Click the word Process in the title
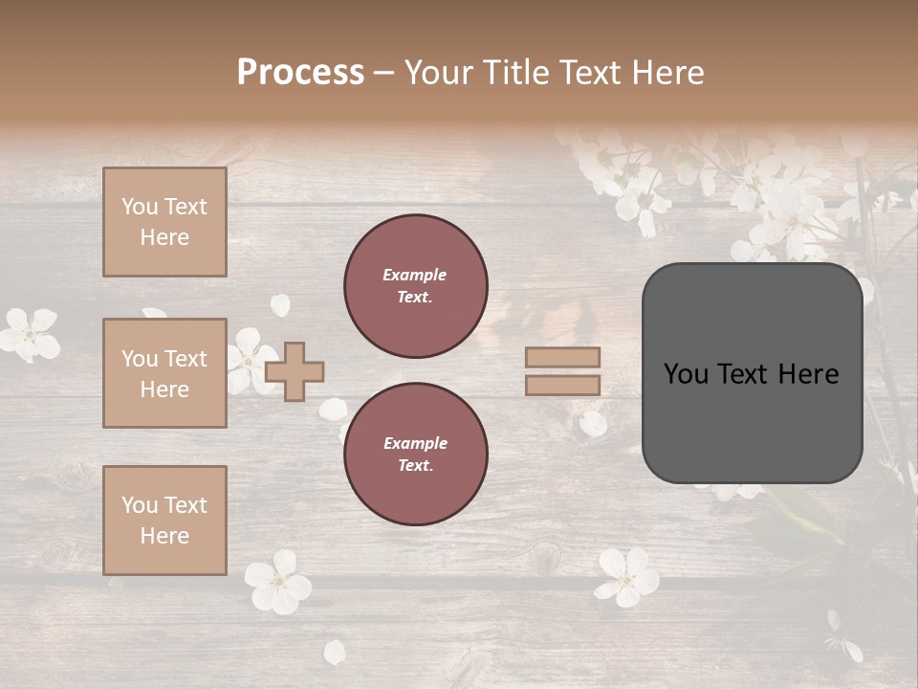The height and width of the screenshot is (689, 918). pyautogui.click(x=300, y=73)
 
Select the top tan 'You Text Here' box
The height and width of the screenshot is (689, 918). pyautogui.click(x=164, y=222)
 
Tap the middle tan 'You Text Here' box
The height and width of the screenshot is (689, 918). pyautogui.click(x=164, y=373)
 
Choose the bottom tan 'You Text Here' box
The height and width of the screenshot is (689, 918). pyautogui.click(x=164, y=520)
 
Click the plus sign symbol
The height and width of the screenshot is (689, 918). pyautogui.click(x=295, y=371)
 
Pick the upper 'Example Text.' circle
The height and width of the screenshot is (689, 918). pyautogui.click(x=416, y=286)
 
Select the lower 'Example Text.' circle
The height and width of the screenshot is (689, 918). pyautogui.click(x=416, y=455)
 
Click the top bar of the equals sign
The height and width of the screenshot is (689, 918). pyautogui.click(x=563, y=357)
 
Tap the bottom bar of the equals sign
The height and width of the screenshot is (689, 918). pyautogui.click(x=563, y=386)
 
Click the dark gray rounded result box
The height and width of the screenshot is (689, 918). pyautogui.click(x=752, y=373)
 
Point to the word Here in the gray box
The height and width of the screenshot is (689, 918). pyautogui.click(x=809, y=374)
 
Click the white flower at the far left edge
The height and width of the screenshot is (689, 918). pyautogui.click(x=29, y=334)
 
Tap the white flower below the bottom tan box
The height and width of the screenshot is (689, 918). pyautogui.click(x=277, y=582)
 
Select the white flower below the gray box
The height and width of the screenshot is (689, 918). pyautogui.click(x=627, y=577)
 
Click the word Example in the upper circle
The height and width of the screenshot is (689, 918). pyautogui.click(x=415, y=275)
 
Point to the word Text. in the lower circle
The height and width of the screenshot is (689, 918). pyautogui.click(x=415, y=466)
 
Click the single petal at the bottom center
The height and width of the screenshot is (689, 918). pyautogui.click(x=335, y=653)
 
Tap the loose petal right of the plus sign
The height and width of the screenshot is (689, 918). pyautogui.click(x=333, y=410)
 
